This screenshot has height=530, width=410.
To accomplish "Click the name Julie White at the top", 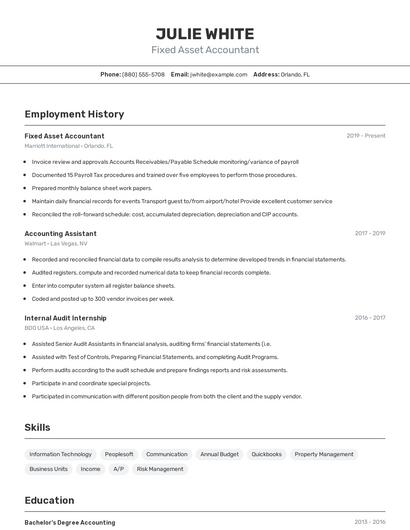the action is point(205,33).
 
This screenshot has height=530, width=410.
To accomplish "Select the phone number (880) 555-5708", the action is point(143,74).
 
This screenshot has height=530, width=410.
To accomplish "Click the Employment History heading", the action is point(74,114).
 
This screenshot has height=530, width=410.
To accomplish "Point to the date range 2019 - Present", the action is point(365,136).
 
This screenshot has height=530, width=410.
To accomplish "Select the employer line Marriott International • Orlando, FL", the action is point(69,146).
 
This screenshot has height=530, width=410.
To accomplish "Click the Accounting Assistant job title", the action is point(60,233).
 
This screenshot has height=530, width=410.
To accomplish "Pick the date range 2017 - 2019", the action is point(369,233).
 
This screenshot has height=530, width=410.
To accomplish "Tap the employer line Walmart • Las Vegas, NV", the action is point(56,243).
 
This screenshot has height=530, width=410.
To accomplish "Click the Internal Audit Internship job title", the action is point(65,318).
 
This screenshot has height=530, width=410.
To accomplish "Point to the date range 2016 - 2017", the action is point(369,318).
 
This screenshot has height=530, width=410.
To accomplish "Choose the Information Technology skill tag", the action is point(60,454).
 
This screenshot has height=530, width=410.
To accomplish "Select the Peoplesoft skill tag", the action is point(119,454).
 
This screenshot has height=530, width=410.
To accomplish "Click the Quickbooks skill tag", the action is point(266,454).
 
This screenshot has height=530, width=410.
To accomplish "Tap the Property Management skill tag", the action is point(324,454).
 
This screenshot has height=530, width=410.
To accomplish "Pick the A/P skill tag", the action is point(118,468).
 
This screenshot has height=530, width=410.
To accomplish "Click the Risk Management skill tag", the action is point(160,468).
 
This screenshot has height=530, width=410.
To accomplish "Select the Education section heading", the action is point(49,500).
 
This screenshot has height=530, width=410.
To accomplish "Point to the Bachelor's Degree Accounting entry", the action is point(69,522).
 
